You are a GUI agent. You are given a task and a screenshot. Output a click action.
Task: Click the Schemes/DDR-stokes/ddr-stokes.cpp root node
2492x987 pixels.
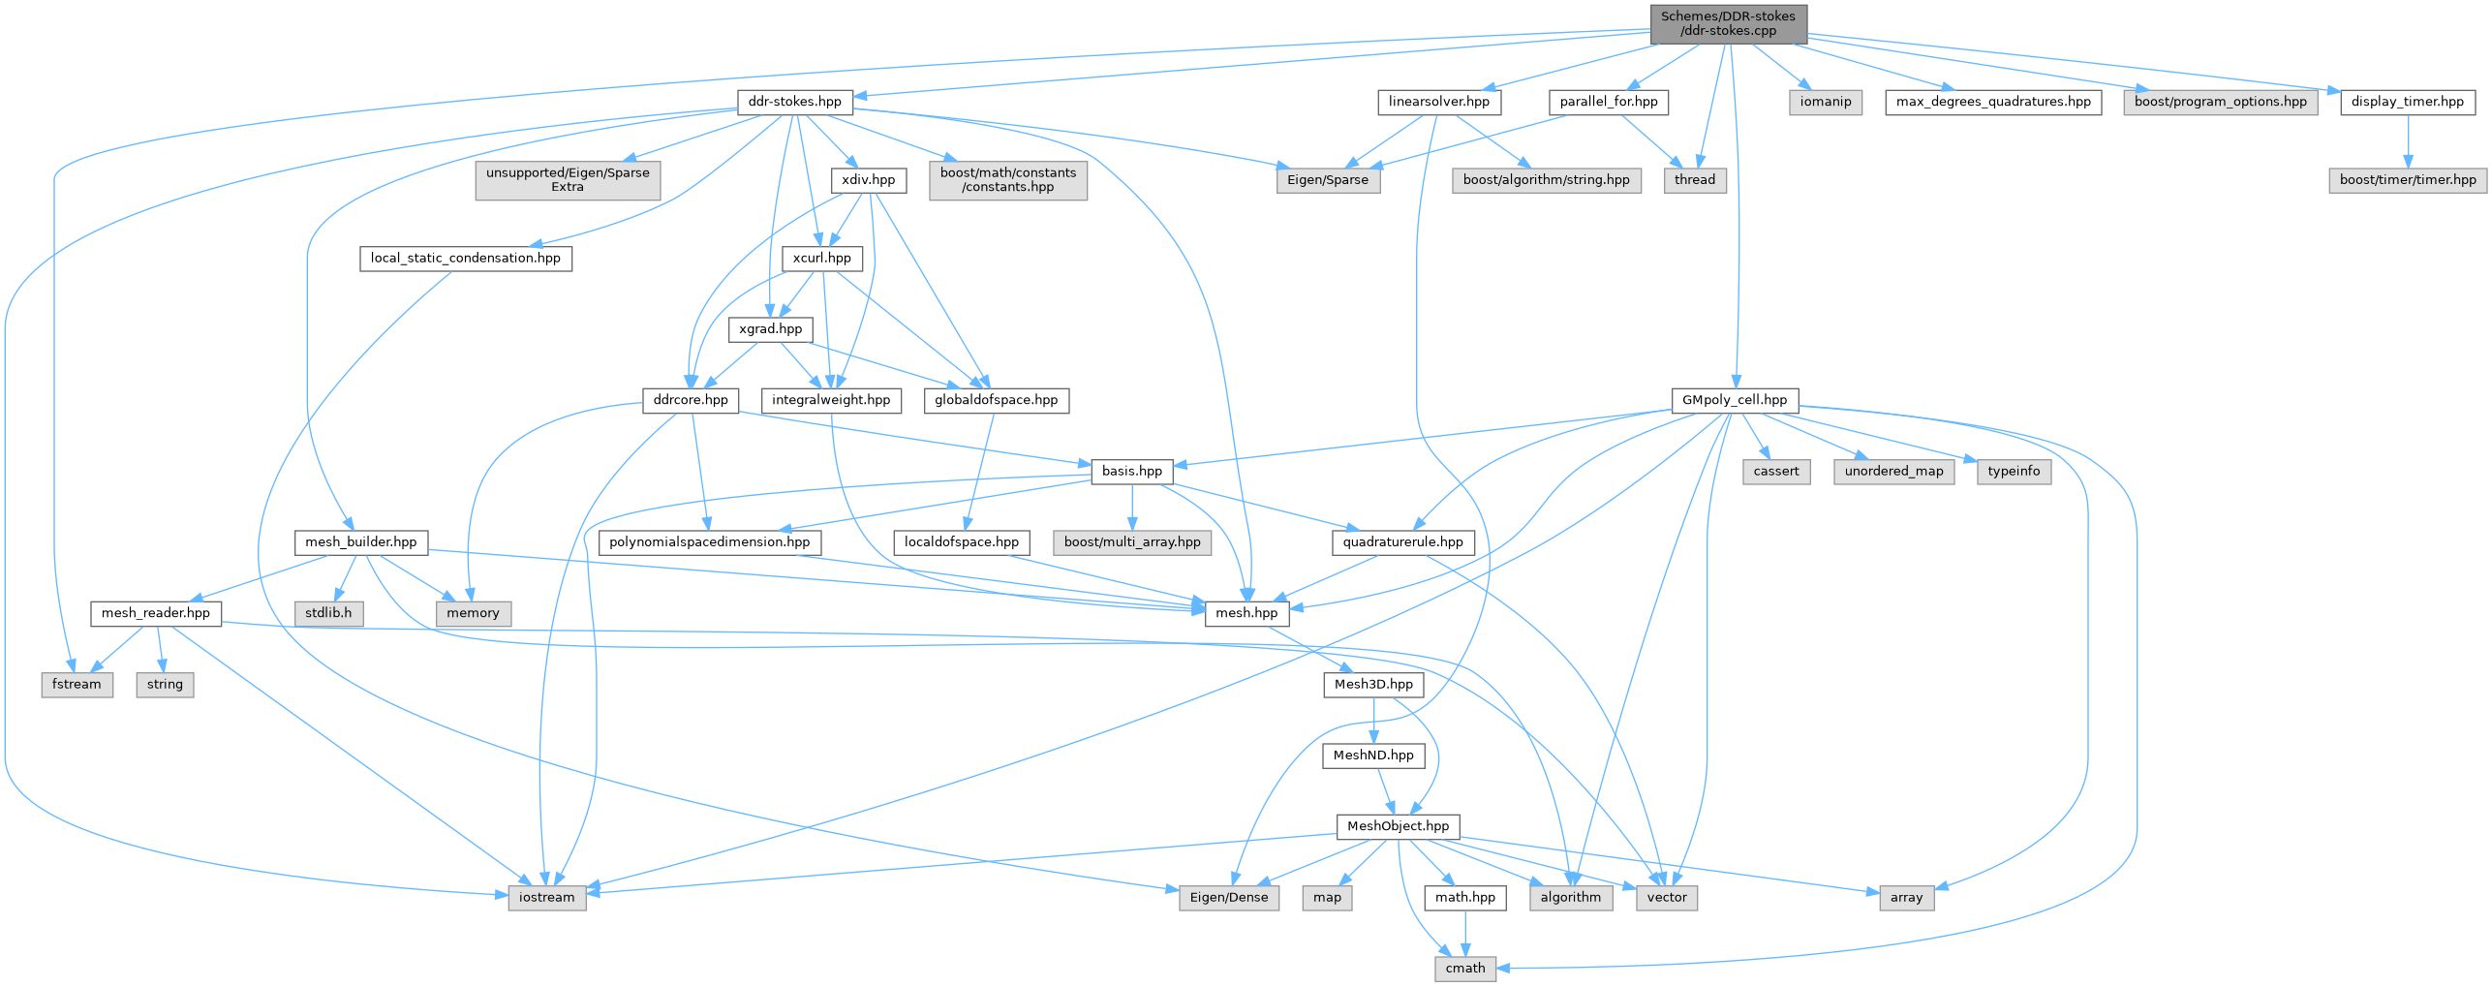(1728, 23)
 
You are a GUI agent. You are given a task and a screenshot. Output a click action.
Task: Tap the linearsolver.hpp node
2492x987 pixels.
(1438, 102)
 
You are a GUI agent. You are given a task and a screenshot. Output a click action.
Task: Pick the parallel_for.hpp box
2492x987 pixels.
(1608, 102)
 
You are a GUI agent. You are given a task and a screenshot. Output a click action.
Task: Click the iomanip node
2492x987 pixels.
(1825, 102)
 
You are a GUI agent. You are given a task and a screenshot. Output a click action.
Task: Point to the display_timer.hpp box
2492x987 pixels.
(2407, 102)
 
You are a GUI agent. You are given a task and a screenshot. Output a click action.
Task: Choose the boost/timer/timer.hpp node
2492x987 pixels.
(2407, 180)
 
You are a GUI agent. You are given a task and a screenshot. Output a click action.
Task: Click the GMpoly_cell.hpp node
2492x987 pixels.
(1734, 400)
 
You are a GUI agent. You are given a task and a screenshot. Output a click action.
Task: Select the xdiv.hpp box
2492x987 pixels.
(868, 180)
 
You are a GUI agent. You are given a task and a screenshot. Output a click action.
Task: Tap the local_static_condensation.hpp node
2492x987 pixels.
(465, 259)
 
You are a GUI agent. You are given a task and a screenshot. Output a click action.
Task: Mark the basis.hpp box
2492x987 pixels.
(1131, 472)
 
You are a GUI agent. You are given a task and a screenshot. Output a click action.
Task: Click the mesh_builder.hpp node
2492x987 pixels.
(360, 542)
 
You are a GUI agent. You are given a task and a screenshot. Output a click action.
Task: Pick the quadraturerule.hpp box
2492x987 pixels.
(1402, 542)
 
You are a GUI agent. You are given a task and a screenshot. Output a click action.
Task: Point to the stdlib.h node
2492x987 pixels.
(329, 613)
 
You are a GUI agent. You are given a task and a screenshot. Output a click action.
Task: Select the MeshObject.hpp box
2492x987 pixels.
(1398, 826)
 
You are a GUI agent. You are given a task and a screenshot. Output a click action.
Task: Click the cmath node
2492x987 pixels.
(1464, 969)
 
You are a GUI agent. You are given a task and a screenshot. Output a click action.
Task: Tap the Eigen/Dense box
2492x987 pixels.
(1228, 898)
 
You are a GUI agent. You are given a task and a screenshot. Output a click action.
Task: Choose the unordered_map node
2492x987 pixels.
(1893, 472)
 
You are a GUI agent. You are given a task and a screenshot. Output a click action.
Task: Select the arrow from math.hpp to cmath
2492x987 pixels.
(1464, 933)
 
